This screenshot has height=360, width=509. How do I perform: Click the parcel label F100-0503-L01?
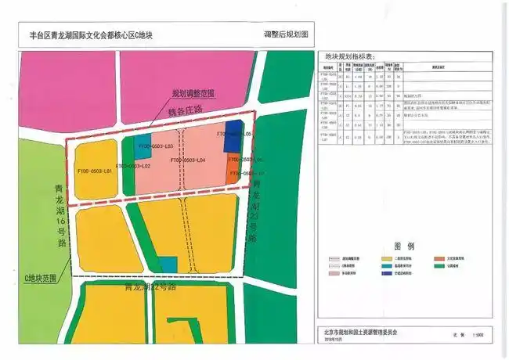92,171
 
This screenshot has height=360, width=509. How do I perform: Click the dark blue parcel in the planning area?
233,131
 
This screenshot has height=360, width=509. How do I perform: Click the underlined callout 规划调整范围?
194,93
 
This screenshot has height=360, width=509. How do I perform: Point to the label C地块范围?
42,279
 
